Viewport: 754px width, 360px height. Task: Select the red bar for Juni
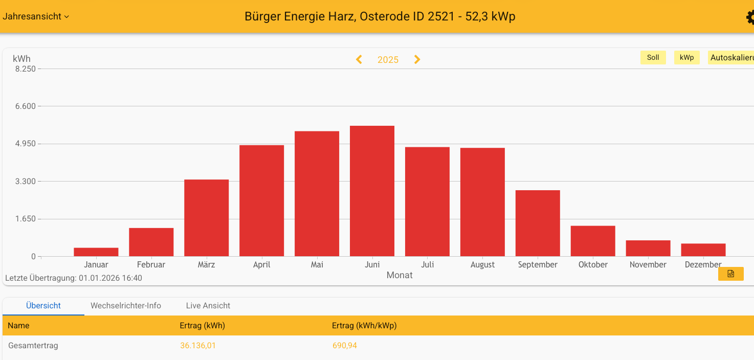[372, 191]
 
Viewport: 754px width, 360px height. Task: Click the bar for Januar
[96, 252]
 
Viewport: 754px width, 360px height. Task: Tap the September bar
[538, 223]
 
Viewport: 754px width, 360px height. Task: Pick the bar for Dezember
[703, 250]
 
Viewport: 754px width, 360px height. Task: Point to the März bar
[206, 218]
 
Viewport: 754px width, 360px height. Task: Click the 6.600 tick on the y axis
[25, 106]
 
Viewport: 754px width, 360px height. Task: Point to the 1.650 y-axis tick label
[25, 219]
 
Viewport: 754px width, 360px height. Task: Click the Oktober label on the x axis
[593, 264]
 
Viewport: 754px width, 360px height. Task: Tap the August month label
[482, 264]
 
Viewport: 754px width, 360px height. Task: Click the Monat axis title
[400, 275]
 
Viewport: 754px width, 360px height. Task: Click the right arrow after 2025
[417, 59]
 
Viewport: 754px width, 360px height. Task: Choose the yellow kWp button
[686, 57]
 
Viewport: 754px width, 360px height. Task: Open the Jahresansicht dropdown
[36, 16]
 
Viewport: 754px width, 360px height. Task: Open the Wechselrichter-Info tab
[126, 306]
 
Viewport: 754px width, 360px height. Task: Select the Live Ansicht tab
[208, 306]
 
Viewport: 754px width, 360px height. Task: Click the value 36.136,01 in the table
[198, 346]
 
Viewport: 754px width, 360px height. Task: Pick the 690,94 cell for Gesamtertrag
[345, 346]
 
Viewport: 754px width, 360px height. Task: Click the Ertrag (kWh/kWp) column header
[364, 326]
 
